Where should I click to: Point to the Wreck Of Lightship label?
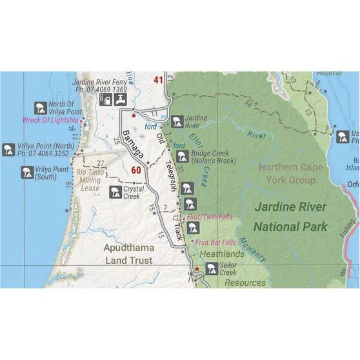tap(50, 120)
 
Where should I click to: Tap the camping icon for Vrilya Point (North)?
tap(9, 150)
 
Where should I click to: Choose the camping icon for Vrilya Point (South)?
tap(26, 172)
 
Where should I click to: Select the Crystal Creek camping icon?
tap(115, 192)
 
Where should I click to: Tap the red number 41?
tap(159, 80)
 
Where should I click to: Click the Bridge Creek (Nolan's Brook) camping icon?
tap(183, 156)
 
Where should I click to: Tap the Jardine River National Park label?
tap(290, 217)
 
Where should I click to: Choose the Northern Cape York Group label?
tap(286, 174)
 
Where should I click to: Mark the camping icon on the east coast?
tap(341, 137)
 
